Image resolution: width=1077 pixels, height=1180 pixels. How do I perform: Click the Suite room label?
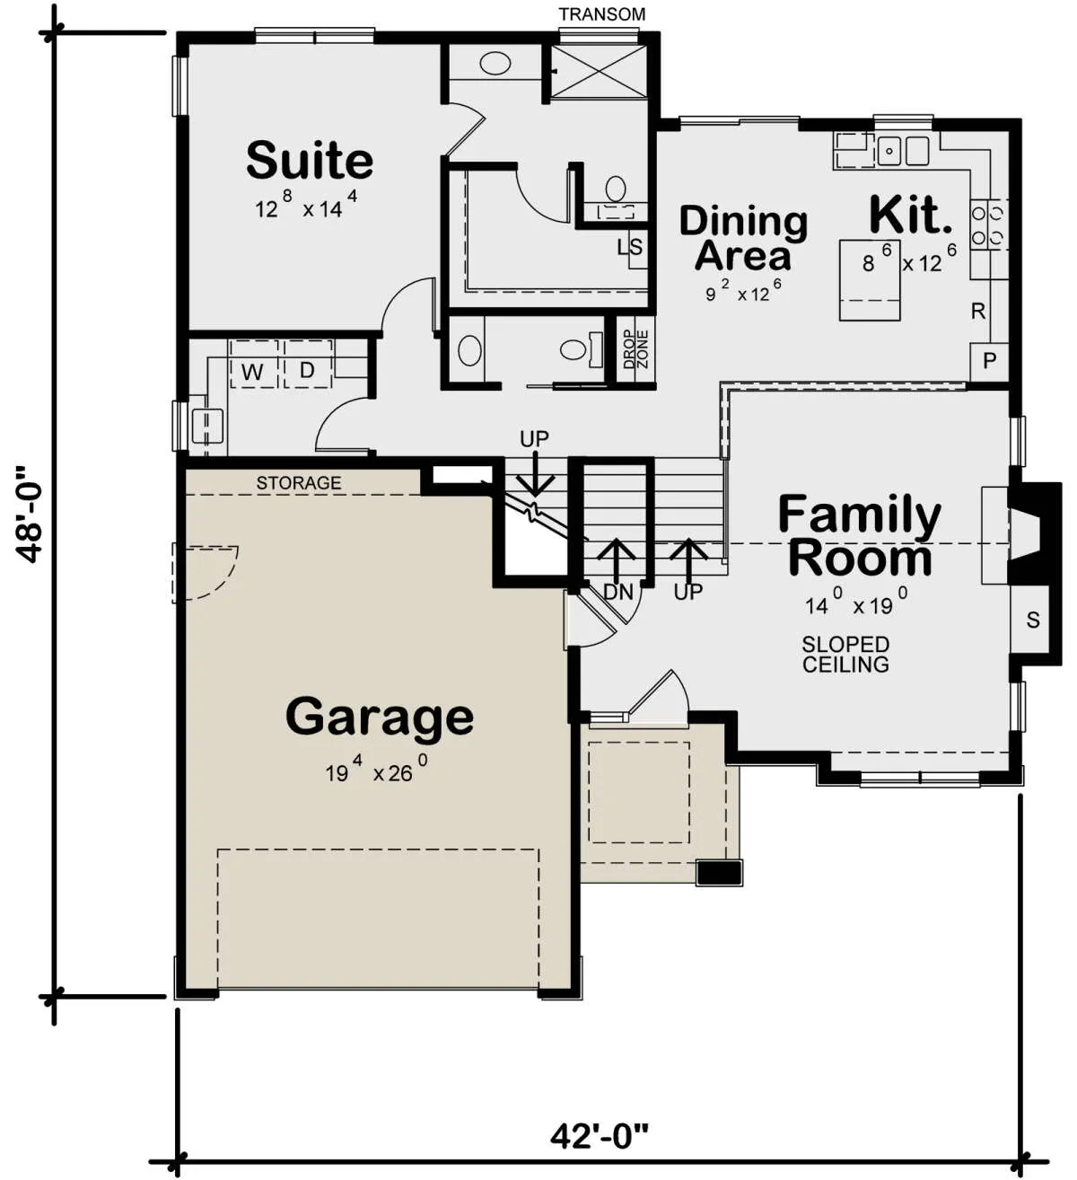coord(310,160)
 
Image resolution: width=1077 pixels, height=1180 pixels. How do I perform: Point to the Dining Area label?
coord(743,238)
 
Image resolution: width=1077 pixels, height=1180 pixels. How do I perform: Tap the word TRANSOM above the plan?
coord(601,14)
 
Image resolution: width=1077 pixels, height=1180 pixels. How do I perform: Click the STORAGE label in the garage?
coord(299,483)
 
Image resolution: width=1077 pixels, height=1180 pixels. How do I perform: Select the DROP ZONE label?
coord(635,348)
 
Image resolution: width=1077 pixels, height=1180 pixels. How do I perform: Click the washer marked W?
coord(253,364)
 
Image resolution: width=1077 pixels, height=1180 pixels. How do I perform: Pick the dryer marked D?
coord(308,364)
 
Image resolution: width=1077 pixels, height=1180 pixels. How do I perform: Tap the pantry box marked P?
coord(989,361)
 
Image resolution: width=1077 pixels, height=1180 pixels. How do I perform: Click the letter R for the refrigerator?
coord(978,312)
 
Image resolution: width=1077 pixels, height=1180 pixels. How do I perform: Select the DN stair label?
coord(618,592)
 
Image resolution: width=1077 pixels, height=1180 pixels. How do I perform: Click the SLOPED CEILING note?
coord(845,654)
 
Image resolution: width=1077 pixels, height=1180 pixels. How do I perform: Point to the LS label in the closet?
coord(630,247)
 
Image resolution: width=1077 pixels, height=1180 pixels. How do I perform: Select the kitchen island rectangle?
coord(870,280)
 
